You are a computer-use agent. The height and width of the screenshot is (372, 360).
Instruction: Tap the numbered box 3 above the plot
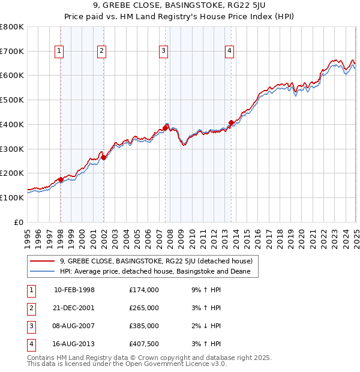tap(163, 52)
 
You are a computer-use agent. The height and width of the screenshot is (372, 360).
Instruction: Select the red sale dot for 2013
tap(231, 123)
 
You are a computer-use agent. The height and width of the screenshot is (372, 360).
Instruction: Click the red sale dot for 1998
tap(61, 179)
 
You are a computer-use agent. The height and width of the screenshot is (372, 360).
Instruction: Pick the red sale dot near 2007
tap(165, 128)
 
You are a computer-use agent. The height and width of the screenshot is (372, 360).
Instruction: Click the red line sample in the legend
tap(43, 261)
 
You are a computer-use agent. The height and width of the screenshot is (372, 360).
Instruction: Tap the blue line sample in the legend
tap(43, 271)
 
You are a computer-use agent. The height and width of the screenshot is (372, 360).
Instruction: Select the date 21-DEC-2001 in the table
tap(74, 308)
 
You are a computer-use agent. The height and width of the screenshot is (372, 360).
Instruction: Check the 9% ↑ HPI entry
tap(204, 290)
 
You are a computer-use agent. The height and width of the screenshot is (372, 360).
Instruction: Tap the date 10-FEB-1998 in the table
tap(74, 290)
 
